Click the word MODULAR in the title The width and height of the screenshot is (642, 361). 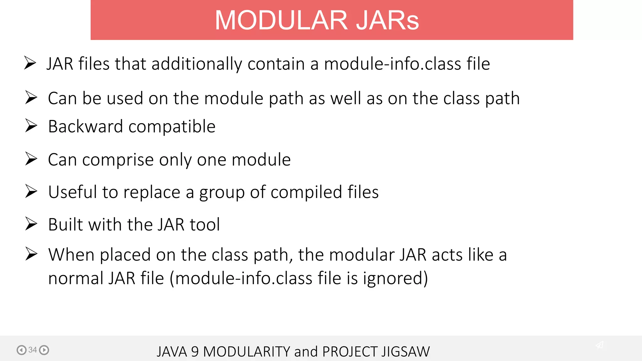(x=281, y=20)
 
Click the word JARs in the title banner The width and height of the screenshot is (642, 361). (x=387, y=20)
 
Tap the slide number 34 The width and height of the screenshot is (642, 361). (x=33, y=350)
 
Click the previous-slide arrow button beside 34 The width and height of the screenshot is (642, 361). (x=21, y=350)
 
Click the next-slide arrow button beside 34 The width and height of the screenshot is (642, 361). (x=44, y=350)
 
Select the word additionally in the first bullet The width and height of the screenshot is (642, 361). (x=197, y=64)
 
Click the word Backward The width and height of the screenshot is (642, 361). (x=85, y=127)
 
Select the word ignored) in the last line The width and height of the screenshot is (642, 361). (x=395, y=278)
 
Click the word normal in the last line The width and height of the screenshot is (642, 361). (x=76, y=278)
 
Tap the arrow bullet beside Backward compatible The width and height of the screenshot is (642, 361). (x=31, y=126)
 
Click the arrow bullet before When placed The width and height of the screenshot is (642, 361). (x=31, y=254)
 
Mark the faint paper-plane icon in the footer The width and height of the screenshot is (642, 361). (x=599, y=345)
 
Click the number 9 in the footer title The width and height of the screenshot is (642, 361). (x=195, y=352)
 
